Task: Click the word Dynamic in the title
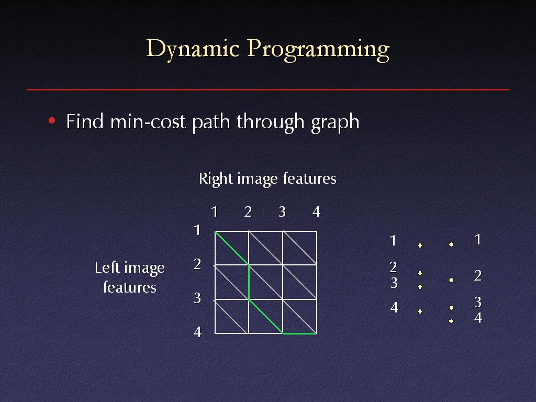point(193,49)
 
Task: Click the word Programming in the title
point(318,50)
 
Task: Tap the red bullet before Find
point(52,121)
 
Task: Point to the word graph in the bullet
point(335,122)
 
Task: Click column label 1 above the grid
point(214,212)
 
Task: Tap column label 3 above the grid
point(282,212)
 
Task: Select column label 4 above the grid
point(316,212)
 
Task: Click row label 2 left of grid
point(197,264)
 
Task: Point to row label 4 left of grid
point(197,332)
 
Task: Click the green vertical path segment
point(249,282)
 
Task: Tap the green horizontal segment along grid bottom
point(299,333)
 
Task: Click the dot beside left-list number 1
point(420,245)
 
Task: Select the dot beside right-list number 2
point(451,280)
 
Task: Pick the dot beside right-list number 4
point(451,321)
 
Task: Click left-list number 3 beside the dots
point(394,283)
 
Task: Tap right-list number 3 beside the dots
point(478,302)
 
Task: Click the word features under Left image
point(130,287)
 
